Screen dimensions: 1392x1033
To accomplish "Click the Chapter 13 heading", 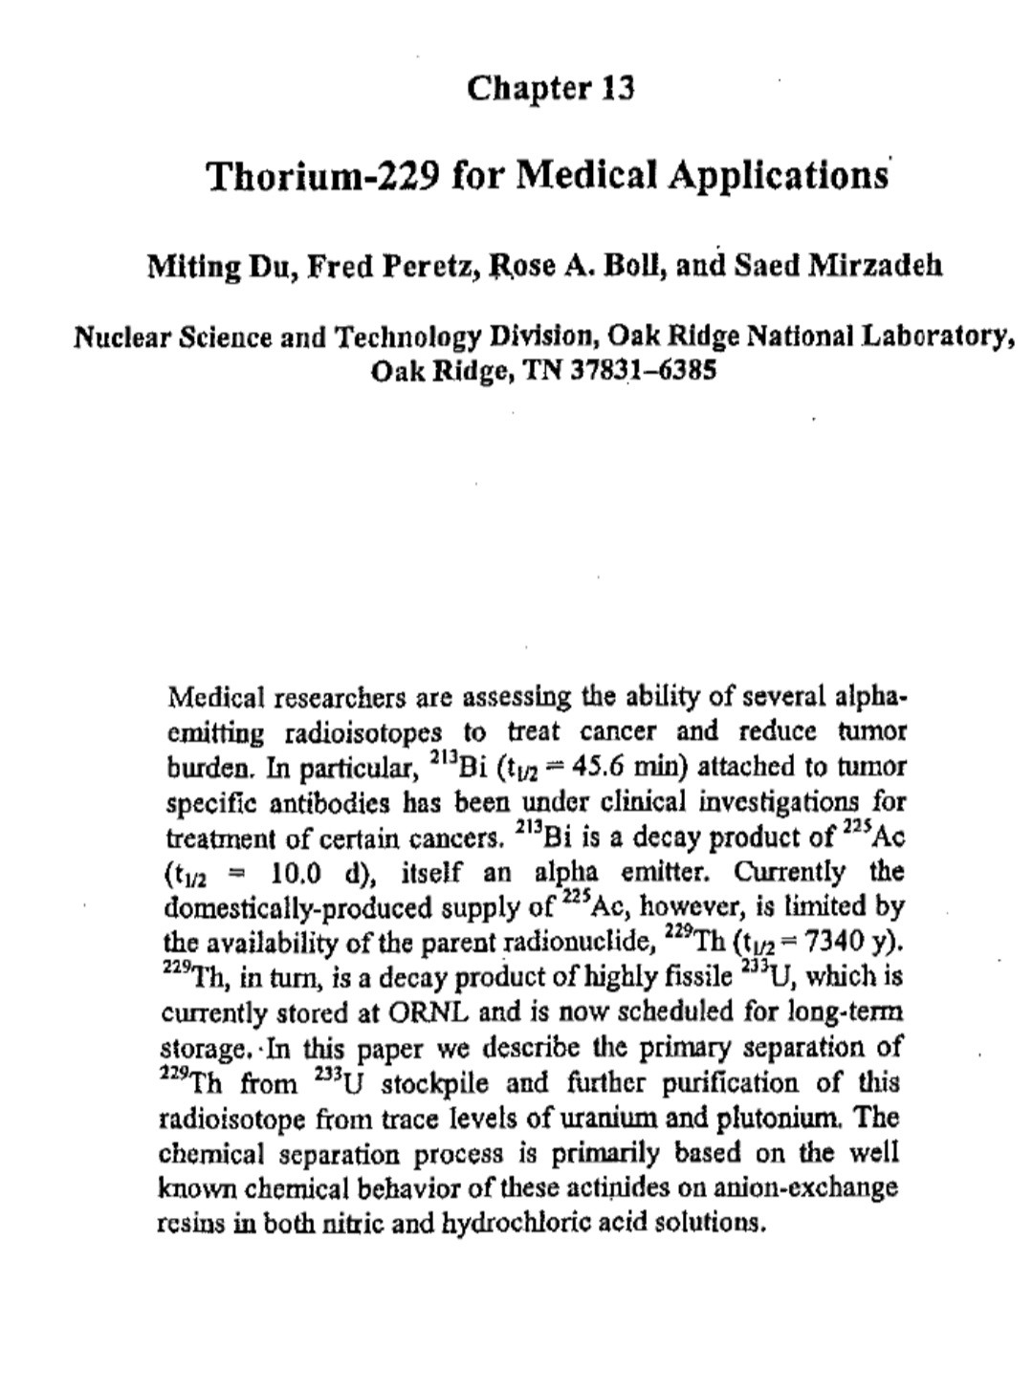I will (551, 89).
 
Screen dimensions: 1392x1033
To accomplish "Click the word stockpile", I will (440, 1082).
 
